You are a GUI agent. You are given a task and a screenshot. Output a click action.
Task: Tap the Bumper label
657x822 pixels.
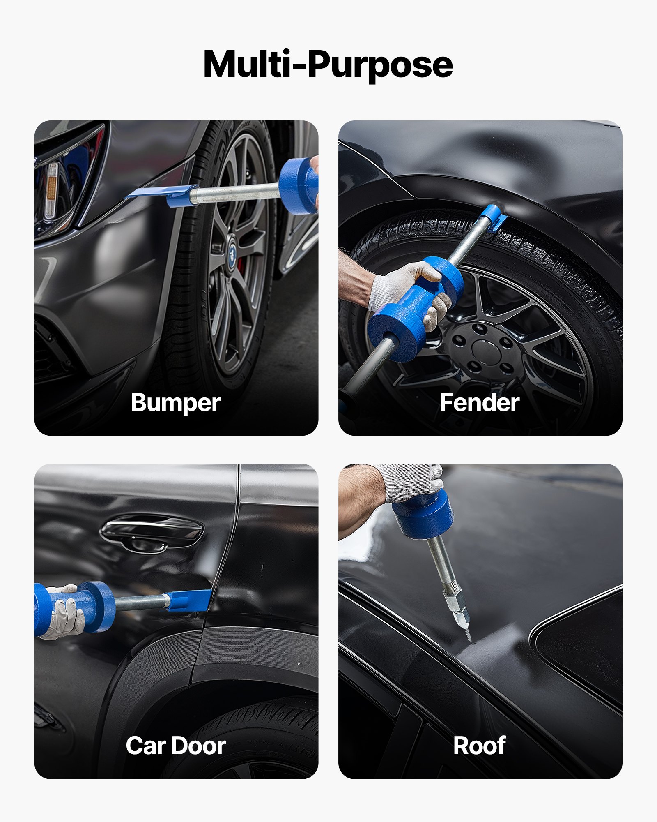pyautogui.click(x=175, y=402)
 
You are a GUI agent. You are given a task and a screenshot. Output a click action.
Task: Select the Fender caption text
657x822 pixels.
pyautogui.click(x=479, y=402)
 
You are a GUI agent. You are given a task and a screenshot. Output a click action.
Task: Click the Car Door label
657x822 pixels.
pyautogui.click(x=175, y=746)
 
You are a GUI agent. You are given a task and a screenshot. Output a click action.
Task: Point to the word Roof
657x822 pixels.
pyautogui.click(x=479, y=746)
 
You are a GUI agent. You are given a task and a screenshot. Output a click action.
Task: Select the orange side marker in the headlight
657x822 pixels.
pyautogui.click(x=51, y=189)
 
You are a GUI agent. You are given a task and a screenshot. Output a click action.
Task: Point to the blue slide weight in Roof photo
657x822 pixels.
pyautogui.click(x=423, y=514)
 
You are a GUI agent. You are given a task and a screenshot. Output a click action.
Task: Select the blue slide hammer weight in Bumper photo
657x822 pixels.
pyautogui.click(x=298, y=186)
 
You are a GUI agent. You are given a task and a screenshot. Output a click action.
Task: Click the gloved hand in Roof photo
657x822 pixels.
pyautogui.click(x=411, y=481)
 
